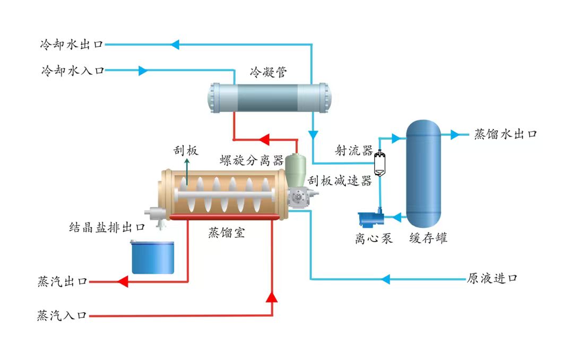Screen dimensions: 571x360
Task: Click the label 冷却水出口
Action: coord(72,45)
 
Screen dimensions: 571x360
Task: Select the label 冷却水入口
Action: coord(73,70)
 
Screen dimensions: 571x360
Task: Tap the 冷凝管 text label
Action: coord(268,72)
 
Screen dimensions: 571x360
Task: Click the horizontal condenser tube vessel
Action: coord(270,98)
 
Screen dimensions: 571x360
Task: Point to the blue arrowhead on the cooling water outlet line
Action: coord(175,45)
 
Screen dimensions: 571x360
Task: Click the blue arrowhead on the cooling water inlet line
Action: coord(143,70)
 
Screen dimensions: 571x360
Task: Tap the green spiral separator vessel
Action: coord(295,170)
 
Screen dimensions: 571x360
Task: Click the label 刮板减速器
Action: coord(340,181)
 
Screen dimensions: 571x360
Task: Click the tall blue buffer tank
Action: coord(423,174)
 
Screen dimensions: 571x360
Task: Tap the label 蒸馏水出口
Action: coord(505,134)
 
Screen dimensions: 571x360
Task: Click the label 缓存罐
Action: coord(428,238)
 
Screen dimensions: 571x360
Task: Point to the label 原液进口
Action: coord(492,278)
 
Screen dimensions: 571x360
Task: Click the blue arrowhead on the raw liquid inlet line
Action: coord(386,279)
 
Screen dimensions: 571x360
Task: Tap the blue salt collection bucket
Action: coord(152,257)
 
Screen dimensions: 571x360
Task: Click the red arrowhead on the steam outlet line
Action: coord(123,281)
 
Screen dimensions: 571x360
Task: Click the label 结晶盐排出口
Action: coord(107,227)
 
